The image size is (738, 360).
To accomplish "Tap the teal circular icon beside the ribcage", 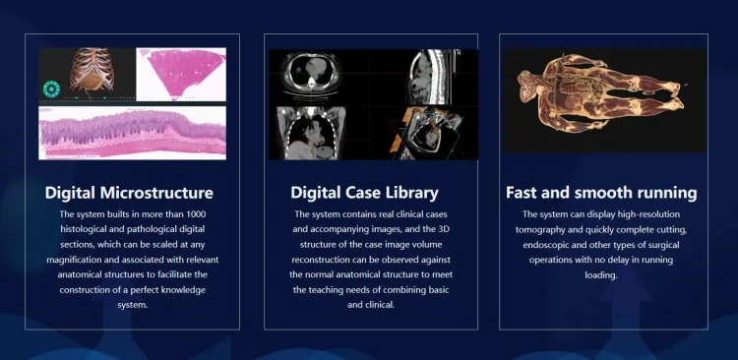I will click(50, 89).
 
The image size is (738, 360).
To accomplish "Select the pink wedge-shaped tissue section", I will click(181, 73).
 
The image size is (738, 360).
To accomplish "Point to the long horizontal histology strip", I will click(133, 133).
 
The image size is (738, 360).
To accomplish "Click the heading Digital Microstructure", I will click(129, 192).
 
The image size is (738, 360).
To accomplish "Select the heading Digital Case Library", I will click(364, 192).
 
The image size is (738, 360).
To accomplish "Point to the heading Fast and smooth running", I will click(601, 192).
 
